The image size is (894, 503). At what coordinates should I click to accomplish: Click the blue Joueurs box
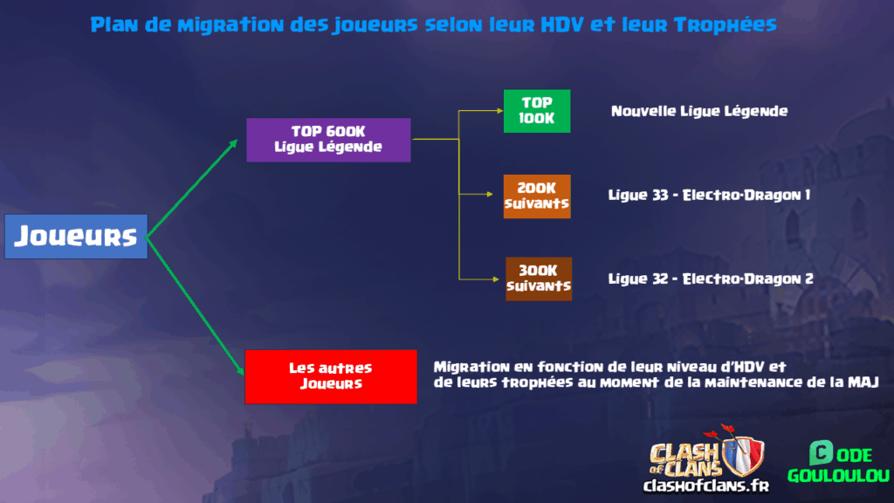pyautogui.click(x=76, y=236)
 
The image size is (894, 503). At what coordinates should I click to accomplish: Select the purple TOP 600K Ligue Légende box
pyautogui.click(x=328, y=140)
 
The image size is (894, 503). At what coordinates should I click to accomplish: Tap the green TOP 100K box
pyautogui.click(x=537, y=111)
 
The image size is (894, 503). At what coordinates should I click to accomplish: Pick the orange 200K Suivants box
pyautogui.click(x=537, y=196)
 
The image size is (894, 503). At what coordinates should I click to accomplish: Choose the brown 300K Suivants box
pyautogui.click(x=539, y=279)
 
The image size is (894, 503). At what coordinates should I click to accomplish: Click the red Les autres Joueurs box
pyautogui.click(x=331, y=376)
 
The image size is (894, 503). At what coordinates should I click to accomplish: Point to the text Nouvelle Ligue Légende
pyautogui.click(x=699, y=111)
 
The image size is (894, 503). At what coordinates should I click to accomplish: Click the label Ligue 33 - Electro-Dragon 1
pyautogui.click(x=709, y=195)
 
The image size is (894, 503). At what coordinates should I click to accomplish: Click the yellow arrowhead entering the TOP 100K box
pyautogui.click(x=499, y=111)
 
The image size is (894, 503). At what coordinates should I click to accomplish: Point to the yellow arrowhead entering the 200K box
pyautogui.click(x=499, y=196)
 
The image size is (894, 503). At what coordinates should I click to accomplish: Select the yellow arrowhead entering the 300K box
pyautogui.click(x=500, y=279)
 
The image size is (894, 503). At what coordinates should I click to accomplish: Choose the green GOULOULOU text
pyautogui.click(x=837, y=476)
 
